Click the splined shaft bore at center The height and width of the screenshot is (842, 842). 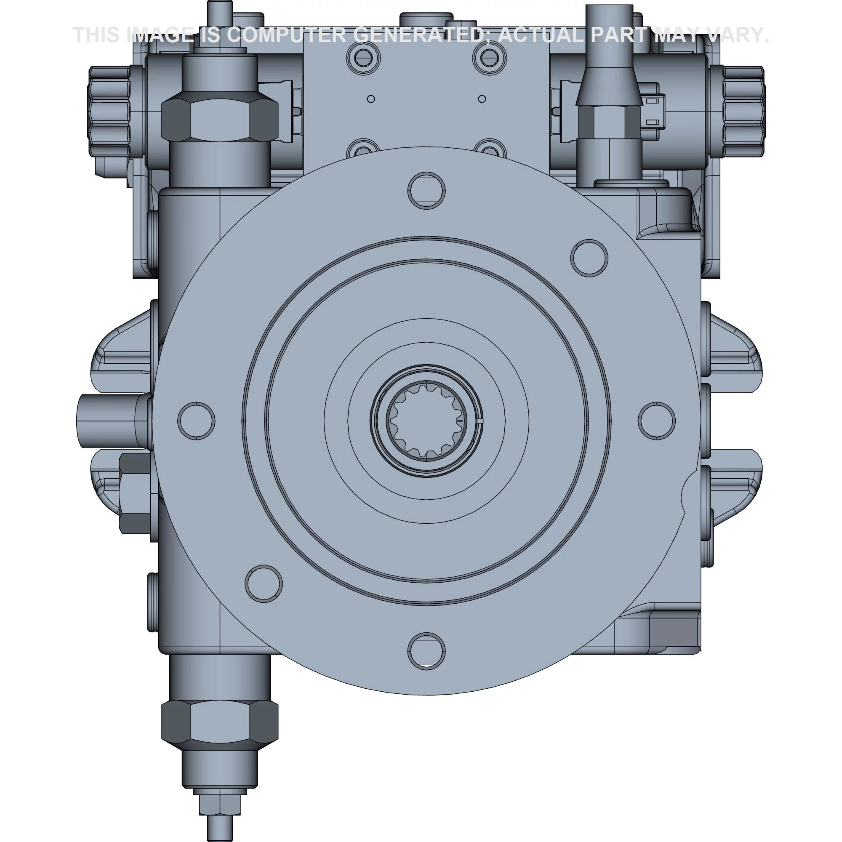(x=426, y=421)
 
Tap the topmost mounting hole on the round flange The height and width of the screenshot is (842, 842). (x=426, y=190)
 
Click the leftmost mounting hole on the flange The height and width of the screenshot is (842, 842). (x=196, y=421)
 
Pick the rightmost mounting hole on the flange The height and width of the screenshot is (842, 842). (x=656, y=421)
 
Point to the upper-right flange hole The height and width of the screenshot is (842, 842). (x=589, y=258)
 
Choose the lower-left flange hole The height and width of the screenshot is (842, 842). (x=264, y=584)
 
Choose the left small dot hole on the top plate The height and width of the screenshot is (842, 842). (x=371, y=99)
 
